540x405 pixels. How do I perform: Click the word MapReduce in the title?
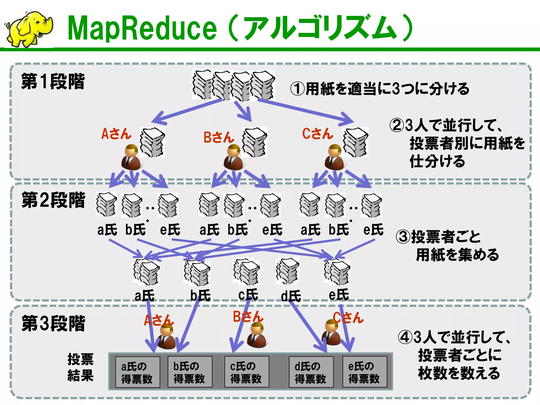(x=142, y=28)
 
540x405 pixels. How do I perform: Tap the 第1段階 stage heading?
(x=53, y=81)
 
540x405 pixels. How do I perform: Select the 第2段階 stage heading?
(x=53, y=200)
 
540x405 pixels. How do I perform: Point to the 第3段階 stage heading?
(x=53, y=323)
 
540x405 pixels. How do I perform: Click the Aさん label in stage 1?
(x=116, y=134)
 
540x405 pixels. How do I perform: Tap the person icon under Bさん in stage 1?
(x=233, y=157)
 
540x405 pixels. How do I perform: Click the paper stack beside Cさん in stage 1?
(x=355, y=142)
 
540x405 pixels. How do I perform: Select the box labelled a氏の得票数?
(x=137, y=372)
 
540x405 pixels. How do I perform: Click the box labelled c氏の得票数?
(x=247, y=372)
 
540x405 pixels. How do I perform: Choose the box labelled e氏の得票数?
(x=364, y=372)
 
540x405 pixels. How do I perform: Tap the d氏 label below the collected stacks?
(x=291, y=296)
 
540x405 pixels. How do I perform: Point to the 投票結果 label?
(x=80, y=367)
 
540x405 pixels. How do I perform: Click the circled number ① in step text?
(x=297, y=89)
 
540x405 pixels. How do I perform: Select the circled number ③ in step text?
(x=403, y=237)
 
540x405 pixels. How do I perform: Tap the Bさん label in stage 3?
(x=248, y=317)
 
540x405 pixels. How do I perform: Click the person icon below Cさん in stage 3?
(x=331, y=333)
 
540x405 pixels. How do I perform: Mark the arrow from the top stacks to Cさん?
(x=306, y=111)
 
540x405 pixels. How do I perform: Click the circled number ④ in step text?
(x=405, y=337)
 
